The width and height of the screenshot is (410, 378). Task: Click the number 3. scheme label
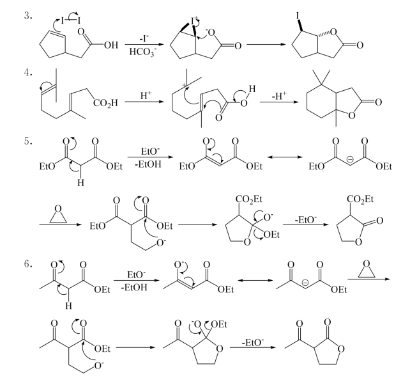coord(28,16)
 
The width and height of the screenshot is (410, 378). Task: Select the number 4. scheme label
coord(28,72)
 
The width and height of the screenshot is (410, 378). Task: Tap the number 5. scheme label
coord(28,141)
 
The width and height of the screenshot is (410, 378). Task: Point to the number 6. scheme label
coord(28,264)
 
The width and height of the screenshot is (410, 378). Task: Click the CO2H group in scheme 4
coord(105,103)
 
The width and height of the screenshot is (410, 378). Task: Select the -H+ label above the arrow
coord(279,95)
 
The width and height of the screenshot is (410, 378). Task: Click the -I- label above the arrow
coord(144,38)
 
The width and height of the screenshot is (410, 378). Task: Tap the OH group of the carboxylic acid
coord(111,45)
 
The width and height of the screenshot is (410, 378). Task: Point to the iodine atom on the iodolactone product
coord(298,16)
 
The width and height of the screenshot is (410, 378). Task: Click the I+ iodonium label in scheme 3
coord(195,20)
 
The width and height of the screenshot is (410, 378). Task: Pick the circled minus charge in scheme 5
coord(350,159)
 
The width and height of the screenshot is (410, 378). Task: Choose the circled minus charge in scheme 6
coord(305,283)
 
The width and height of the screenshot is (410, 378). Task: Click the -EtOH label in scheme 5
coord(148,164)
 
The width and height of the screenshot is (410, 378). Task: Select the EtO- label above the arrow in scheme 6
coord(137,274)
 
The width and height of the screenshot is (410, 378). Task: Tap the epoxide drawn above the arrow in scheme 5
coord(58,214)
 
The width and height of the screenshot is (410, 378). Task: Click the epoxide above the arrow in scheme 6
coord(367,269)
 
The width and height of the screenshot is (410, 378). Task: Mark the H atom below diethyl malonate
coord(81,183)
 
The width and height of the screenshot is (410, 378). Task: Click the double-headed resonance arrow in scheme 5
coord(285,157)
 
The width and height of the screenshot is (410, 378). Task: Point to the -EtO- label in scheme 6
coord(253,342)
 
